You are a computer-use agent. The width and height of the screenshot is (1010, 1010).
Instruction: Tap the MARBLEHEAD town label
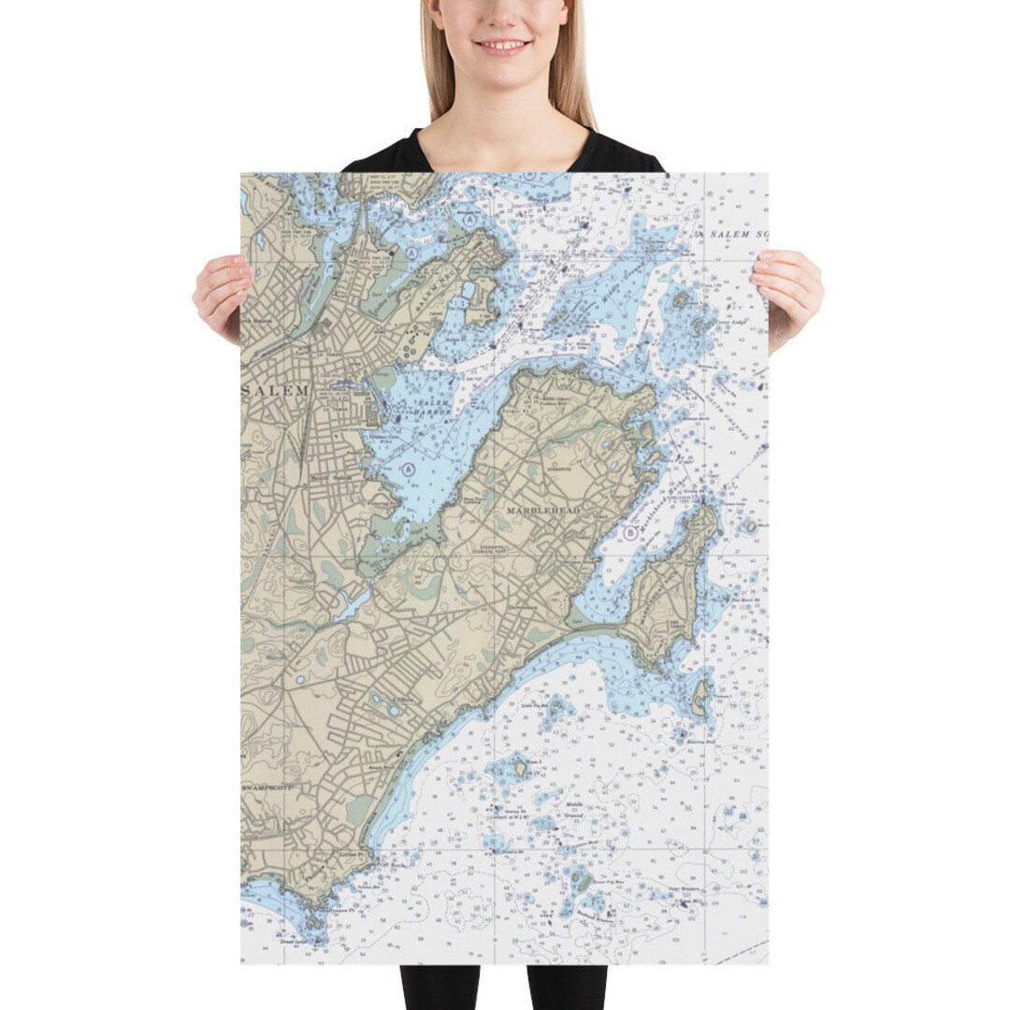click(x=543, y=512)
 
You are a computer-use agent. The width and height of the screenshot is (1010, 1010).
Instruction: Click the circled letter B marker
click(x=630, y=533)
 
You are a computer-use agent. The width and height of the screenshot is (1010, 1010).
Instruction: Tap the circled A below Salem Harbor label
click(x=409, y=468)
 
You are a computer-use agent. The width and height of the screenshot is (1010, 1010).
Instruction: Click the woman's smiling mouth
click(x=502, y=45)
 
